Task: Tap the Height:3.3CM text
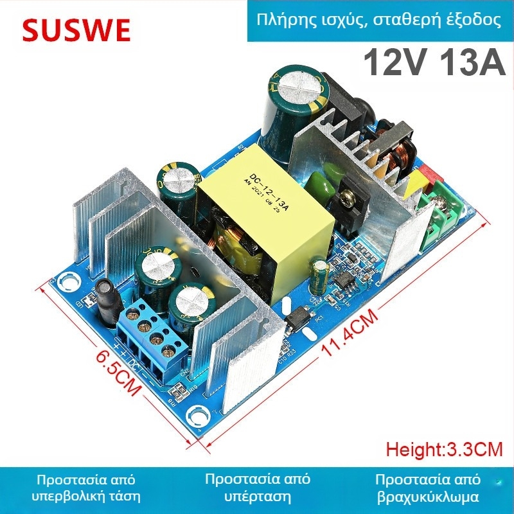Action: coord(444,449)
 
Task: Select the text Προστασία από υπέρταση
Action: coord(257,488)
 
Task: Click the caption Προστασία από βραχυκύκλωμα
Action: coord(428,488)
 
